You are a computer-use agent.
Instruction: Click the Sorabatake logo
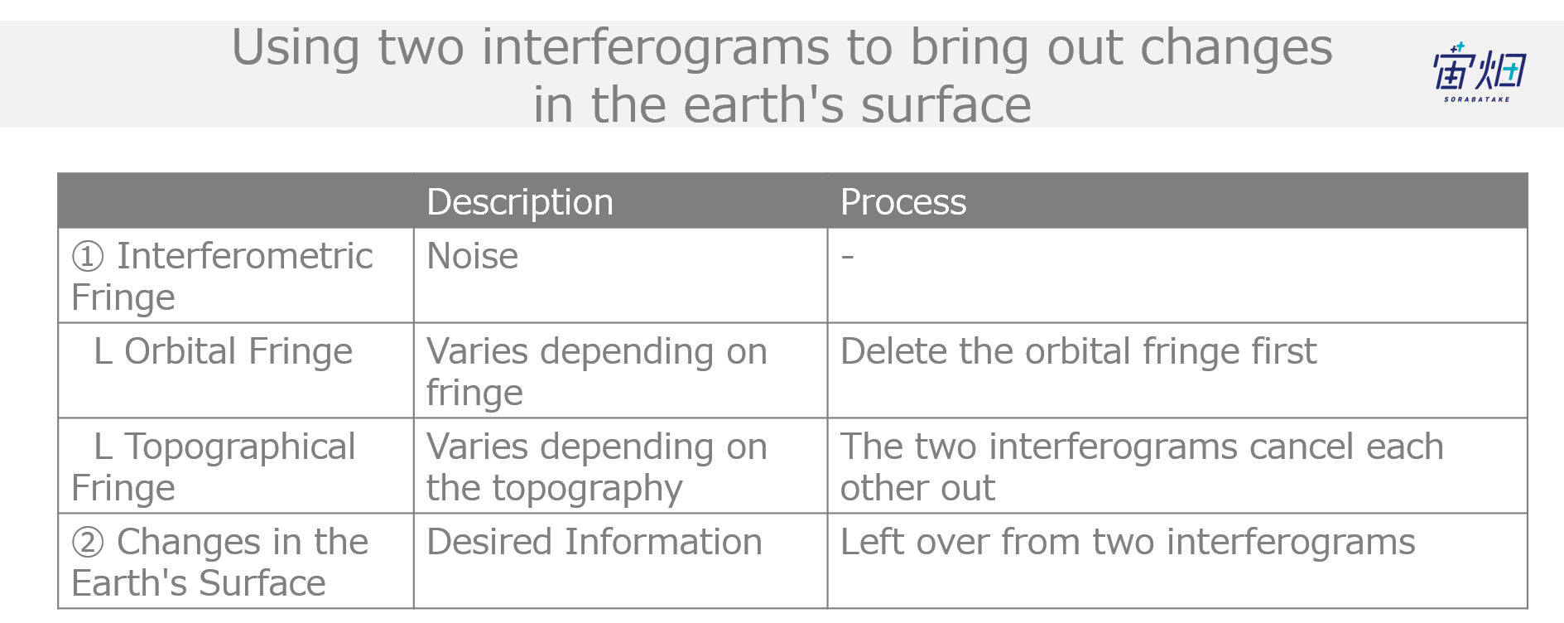pyautogui.click(x=1479, y=72)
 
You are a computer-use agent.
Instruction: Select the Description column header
pyautogui.click(x=520, y=202)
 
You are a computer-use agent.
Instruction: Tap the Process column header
pyautogui.click(x=903, y=202)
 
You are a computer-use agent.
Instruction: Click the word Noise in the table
pyautogui.click(x=472, y=256)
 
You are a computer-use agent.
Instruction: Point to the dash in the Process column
pyautogui.click(x=847, y=257)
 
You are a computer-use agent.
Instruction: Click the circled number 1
pyautogui.click(x=88, y=257)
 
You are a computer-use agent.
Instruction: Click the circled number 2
pyautogui.click(x=88, y=543)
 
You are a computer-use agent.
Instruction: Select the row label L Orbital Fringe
pyautogui.click(x=223, y=351)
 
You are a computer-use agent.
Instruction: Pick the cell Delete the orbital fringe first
pyautogui.click(x=1078, y=351)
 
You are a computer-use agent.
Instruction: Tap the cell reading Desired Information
pyautogui.click(x=594, y=542)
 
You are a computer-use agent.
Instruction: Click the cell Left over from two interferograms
pyautogui.click(x=1128, y=542)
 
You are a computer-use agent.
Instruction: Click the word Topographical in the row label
pyautogui.click(x=240, y=447)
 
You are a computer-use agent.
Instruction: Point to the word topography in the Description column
pyautogui.click(x=587, y=489)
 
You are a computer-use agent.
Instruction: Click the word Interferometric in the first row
pyautogui.click(x=245, y=256)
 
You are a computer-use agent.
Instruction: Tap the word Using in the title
pyautogui.click(x=296, y=48)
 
